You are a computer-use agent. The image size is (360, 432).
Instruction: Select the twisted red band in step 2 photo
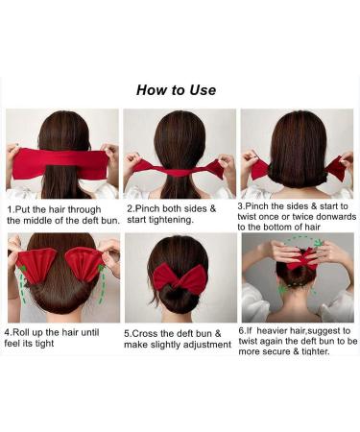tap(180, 166)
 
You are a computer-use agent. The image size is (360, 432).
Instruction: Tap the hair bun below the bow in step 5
tap(180, 305)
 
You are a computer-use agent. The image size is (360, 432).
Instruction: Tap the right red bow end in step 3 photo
tap(336, 169)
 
